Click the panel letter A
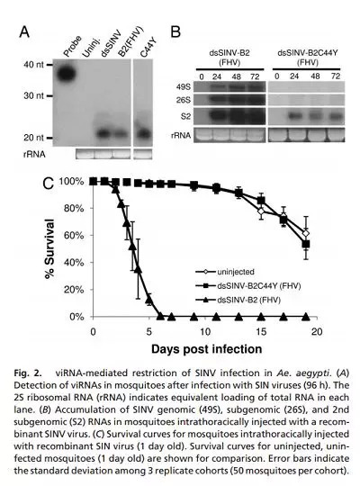pos(24,31)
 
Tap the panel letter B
pos(175,31)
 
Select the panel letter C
pos(48,184)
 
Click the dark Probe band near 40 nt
pos(67,73)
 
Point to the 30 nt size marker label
pos(34,95)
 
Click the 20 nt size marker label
pos(34,138)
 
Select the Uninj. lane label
pos(91,48)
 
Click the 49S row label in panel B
pos(184,87)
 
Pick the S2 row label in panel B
pos(185,116)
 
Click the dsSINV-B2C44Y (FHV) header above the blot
pos(307,58)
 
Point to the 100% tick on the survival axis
pos(71,181)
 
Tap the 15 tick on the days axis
pos(261,331)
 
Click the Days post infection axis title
pos(206,349)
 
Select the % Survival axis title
pos(49,248)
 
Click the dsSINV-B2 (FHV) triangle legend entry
pos(238,300)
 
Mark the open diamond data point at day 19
pos(306,233)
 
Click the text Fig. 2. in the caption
pos(28,373)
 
